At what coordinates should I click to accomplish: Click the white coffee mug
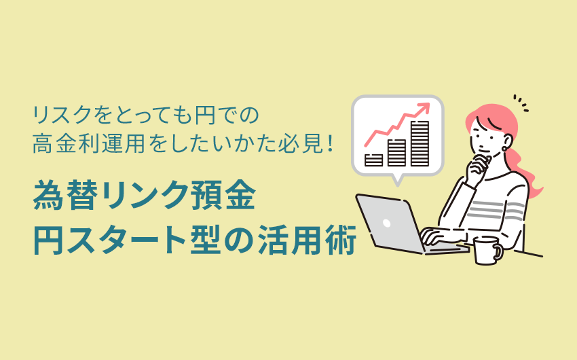click(x=487, y=251)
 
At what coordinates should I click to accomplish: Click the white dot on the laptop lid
click(x=386, y=223)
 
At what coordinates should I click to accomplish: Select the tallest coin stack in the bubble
click(x=420, y=143)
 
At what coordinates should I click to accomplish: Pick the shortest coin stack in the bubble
click(x=373, y=160)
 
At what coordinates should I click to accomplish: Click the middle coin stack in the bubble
click(x=396, y=153)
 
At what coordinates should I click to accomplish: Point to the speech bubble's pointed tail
click(x=397, y=181)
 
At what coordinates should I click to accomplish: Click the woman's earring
click(x=505, y=149)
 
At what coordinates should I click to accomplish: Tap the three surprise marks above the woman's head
click(x=521, y=103)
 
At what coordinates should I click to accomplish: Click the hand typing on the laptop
click(x=434, y=236)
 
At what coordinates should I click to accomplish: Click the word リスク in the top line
click(x=62, y=115)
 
